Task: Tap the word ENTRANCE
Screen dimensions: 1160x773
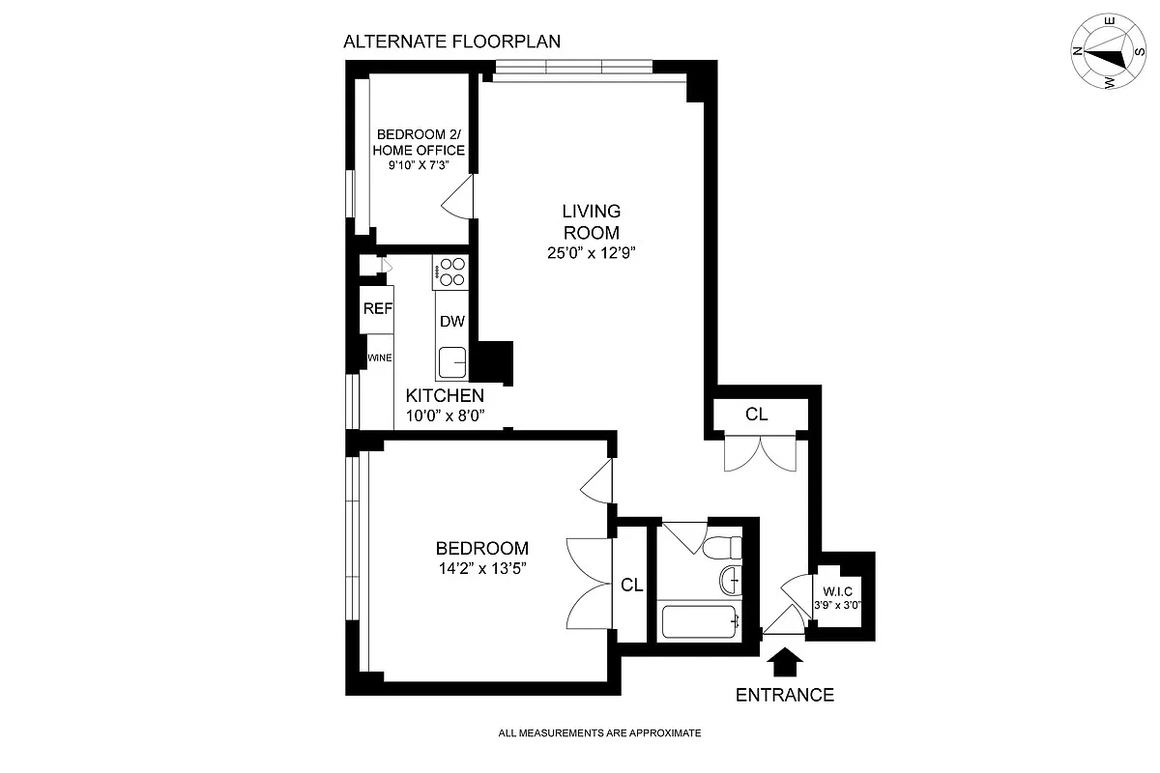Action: click(785, 695)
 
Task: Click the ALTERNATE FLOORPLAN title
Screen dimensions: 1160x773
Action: click(452, 42)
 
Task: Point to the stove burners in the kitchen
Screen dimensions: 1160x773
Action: click(450, 272)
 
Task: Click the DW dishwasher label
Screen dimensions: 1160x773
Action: click(451, 322)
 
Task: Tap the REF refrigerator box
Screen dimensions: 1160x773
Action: click(377, 309)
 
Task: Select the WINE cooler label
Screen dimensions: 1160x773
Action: click(379, 358)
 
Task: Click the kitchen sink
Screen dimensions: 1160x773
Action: click(452, 362)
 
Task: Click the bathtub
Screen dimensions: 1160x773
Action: click(700, 621)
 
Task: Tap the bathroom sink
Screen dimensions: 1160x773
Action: click(731, 580)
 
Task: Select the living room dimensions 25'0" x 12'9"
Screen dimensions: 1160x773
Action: click(591, 254)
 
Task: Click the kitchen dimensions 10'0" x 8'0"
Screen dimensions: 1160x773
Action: click(445, 415)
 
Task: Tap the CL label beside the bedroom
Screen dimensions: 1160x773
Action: click(632, 585)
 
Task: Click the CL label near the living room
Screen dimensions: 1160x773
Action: click(757, 415)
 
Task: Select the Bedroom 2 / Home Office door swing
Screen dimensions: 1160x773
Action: click(457, 198)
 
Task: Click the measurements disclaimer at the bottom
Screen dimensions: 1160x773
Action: click(599, 733)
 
